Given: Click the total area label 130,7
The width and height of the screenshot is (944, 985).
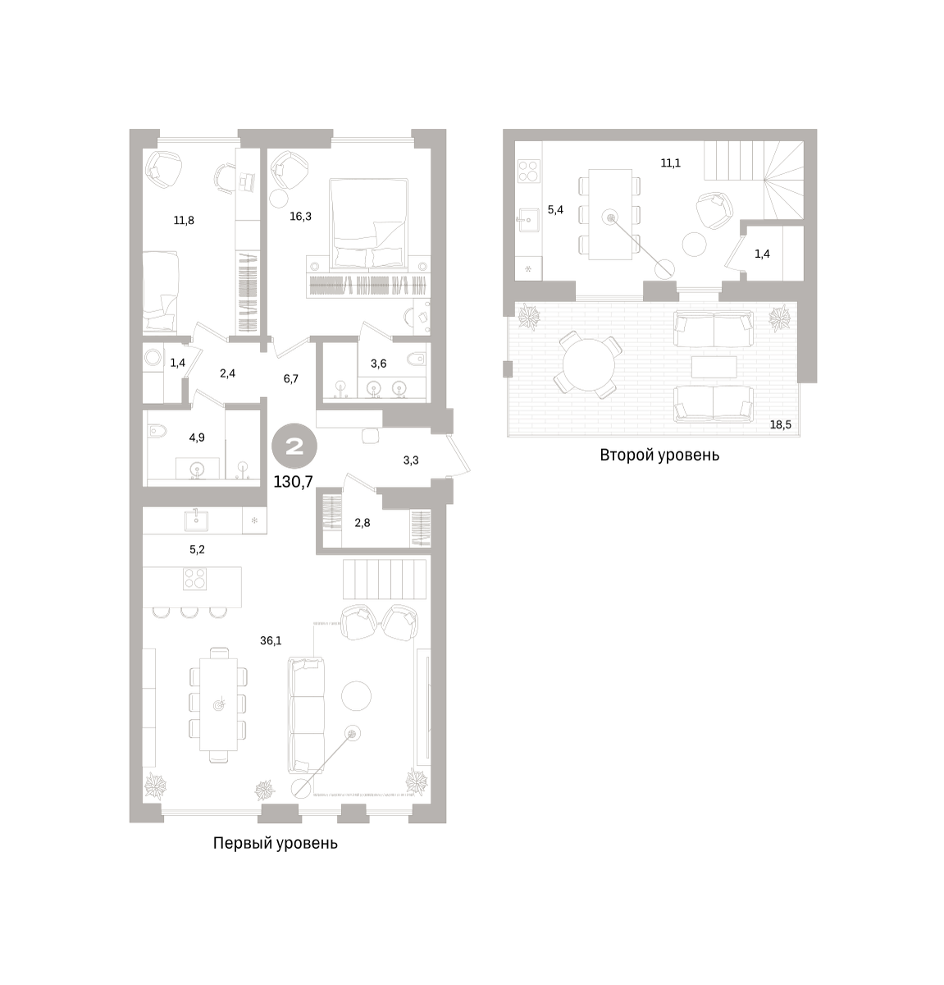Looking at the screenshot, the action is tap(294, 482).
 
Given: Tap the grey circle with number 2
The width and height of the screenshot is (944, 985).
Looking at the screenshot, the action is tap(294, 446).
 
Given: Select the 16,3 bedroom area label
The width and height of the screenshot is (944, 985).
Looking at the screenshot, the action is tap(300, 217).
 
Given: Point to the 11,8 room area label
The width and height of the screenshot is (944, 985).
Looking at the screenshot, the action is tap(184, 220).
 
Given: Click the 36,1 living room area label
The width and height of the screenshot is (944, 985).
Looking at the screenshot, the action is tap(271, 641).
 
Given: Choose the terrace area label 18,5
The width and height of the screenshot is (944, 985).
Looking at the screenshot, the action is tap(780, 424).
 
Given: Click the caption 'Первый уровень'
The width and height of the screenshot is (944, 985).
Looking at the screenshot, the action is tap(275, 843).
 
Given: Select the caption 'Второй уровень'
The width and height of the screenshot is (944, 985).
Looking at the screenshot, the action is tap(659, 455).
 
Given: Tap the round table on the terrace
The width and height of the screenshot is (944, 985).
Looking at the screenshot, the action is tap(589, 364).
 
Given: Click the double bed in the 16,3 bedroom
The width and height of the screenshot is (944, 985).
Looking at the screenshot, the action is tap(368, 222).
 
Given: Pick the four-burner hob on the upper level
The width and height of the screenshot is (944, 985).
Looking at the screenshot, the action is tap(529, 171).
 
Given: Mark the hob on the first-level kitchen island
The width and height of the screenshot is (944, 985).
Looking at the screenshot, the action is tap(194, 579).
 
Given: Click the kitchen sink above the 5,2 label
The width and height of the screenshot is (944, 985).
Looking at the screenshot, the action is tap(196, 520).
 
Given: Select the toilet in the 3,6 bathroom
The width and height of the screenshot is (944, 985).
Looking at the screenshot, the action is tap(417, 359).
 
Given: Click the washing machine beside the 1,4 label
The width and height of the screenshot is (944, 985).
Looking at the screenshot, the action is tap(153, 358).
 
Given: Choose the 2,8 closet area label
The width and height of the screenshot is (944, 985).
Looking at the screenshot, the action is tap(362, 523).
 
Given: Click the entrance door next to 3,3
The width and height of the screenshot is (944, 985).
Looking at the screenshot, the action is tap(459, 455).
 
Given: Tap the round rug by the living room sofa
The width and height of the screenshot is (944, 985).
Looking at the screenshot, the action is tap(356, 697).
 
